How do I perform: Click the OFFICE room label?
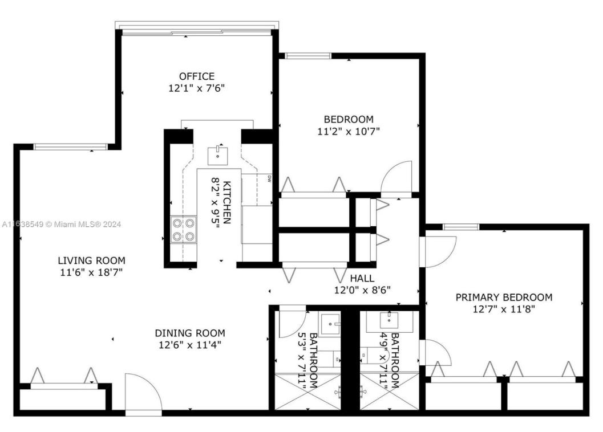(x=196, y=76)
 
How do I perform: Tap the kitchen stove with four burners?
(x=184, y=230)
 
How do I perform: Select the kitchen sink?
(x=218, y=156)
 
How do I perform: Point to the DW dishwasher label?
(x=269, y=179)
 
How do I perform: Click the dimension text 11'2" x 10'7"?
(x=349, y=132)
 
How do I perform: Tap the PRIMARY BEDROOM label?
(x=504, y=297)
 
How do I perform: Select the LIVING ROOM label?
(x=91, y=260)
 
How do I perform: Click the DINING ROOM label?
(x=190, y=333)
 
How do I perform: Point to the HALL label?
(x=362, y=278)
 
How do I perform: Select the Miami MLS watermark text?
(x=62, y=224)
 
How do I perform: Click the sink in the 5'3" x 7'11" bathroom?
(x=330, y=324)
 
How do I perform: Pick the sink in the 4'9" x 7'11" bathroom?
(x=390, y=319)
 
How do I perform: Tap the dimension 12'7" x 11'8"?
(x=504, y=309)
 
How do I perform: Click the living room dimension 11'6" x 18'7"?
(x=91, y=272)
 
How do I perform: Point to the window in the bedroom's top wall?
(x=308, y=56)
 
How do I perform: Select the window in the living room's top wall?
(x=70, y=146)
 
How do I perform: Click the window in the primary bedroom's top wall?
(x=461, y=226)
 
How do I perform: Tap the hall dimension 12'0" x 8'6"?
(x=362, y=290)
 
